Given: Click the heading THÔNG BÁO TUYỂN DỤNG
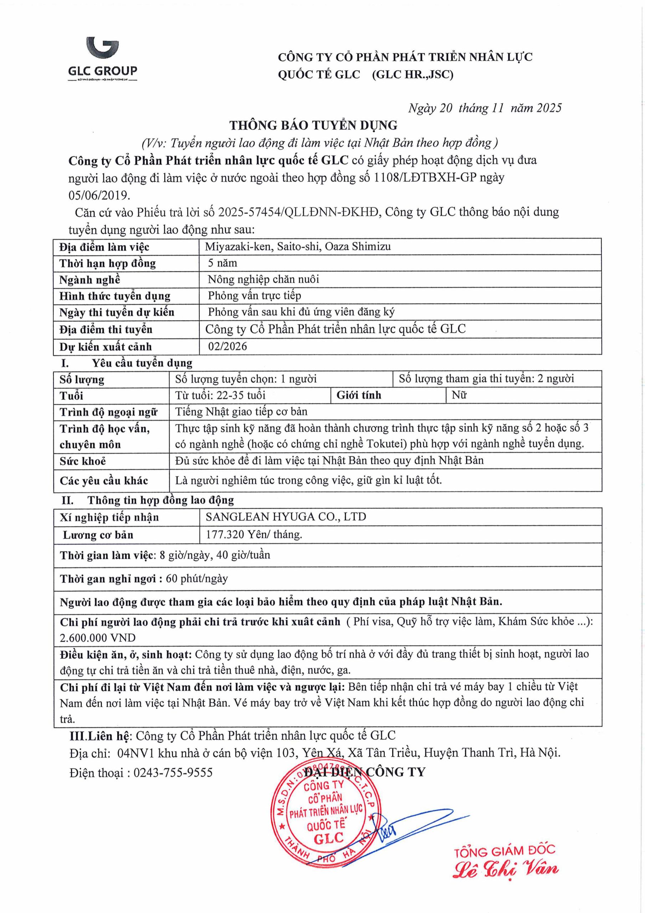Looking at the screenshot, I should pyautogui.click(x=313, y=125).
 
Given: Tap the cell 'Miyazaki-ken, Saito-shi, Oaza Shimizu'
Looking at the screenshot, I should pyautogui.click(x=298, y=246).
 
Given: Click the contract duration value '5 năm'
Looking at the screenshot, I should pyautogui.click(x=223, y=263).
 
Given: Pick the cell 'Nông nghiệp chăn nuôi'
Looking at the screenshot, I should pyautogui.click(x=263, y=279).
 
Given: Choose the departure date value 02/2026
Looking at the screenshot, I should pyautogui.click(x=227, y=346).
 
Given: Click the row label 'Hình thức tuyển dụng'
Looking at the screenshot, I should pyautogui.click(x=115, y=296).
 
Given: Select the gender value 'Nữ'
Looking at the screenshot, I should pyautogui.click(x=459, y=395).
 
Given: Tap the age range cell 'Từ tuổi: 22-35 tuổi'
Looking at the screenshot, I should pyautogui.click(x=220, y=395).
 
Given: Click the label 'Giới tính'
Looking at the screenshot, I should pyautogui.click(x=359, y=395).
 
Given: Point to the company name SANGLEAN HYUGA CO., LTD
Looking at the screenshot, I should pyautogui.click(x=286, y=517).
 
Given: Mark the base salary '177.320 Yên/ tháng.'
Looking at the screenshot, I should pyautogui.click(x=254, y=535).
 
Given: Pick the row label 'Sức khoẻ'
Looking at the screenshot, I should pyautogui.click(x=83, y=461).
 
